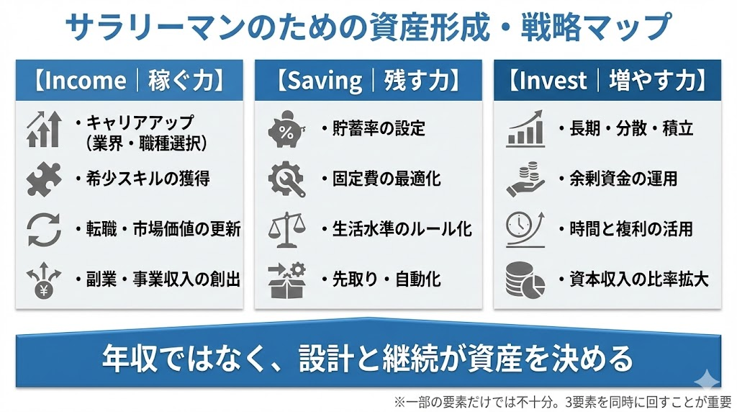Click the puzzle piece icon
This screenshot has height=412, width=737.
click(x=44, y=179)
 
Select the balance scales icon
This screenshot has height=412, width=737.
click(x=286, y=229)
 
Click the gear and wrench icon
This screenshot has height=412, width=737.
click(x=286, y=179)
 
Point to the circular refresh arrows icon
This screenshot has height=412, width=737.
click(x=44, y=229)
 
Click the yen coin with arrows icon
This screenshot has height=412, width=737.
click(x=44, y=280)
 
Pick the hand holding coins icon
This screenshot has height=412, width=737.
click(x=525, y=179)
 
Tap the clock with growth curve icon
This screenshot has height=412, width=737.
click(x=525, y=229)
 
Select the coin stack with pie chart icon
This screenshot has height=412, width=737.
click(x=525, y=280)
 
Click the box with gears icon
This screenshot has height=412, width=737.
click(x=286, y=280)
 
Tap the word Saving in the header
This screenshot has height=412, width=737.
click(x=325, y=81)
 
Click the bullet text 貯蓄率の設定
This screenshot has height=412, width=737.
click(x=379, y=128)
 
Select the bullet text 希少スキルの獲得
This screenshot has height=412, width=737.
click(x=148, y=179)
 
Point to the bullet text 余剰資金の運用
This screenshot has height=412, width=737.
click(x=623, y=179)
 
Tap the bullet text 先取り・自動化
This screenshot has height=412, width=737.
click(x=386, y=280)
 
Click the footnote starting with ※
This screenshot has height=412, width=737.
click(x=563, y=402)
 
